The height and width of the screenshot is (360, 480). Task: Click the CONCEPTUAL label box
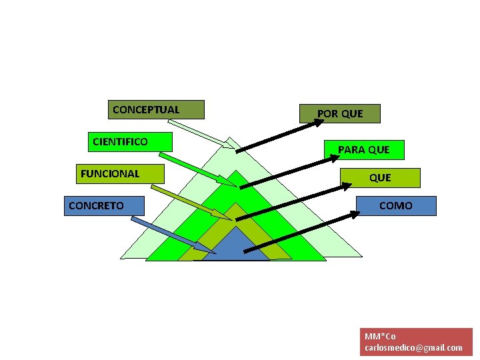coord(156,110)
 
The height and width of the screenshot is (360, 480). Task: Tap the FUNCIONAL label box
coord(120,174)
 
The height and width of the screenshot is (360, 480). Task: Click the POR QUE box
coord(340,114)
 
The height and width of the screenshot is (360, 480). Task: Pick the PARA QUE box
coord(364,150)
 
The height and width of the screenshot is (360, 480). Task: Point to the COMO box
coord(396,206)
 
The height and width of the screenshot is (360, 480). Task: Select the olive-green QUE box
coord(380,178)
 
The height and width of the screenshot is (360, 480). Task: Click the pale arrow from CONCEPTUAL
coord(200,133)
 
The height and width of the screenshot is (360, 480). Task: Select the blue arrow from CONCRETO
coord(173,235)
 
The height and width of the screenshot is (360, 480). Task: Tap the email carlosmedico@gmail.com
coord(413,347)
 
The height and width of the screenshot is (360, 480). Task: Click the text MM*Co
coord(380,336)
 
